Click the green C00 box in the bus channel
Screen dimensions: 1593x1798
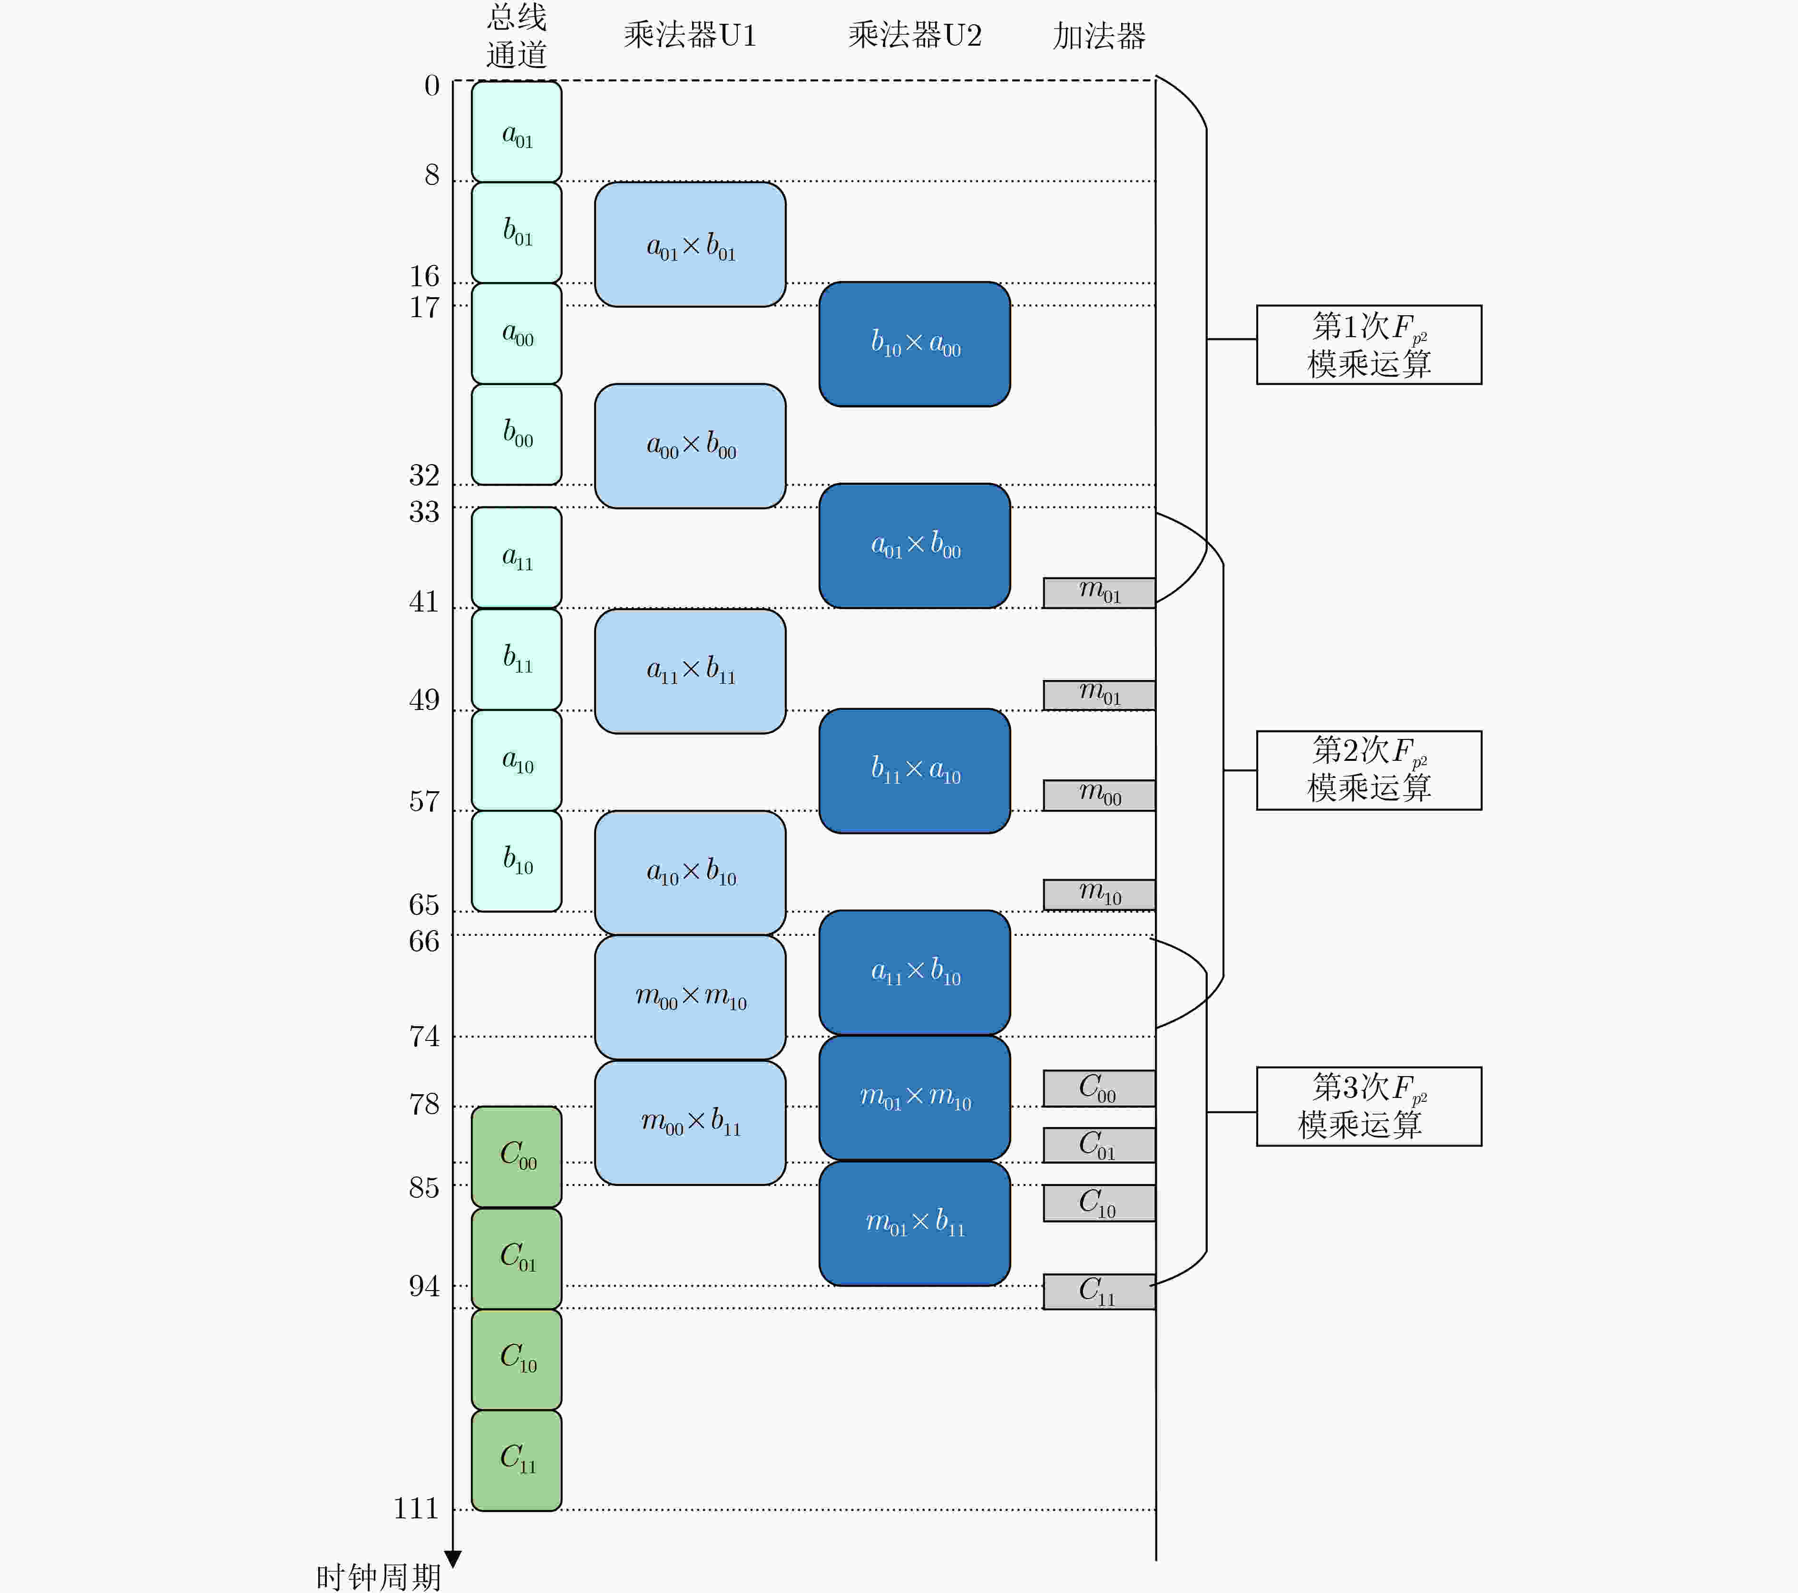517,1156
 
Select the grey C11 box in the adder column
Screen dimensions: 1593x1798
1099,1292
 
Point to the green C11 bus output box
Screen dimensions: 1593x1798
517,1460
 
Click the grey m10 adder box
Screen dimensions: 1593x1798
1099,894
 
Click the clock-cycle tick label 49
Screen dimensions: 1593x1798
423,700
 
